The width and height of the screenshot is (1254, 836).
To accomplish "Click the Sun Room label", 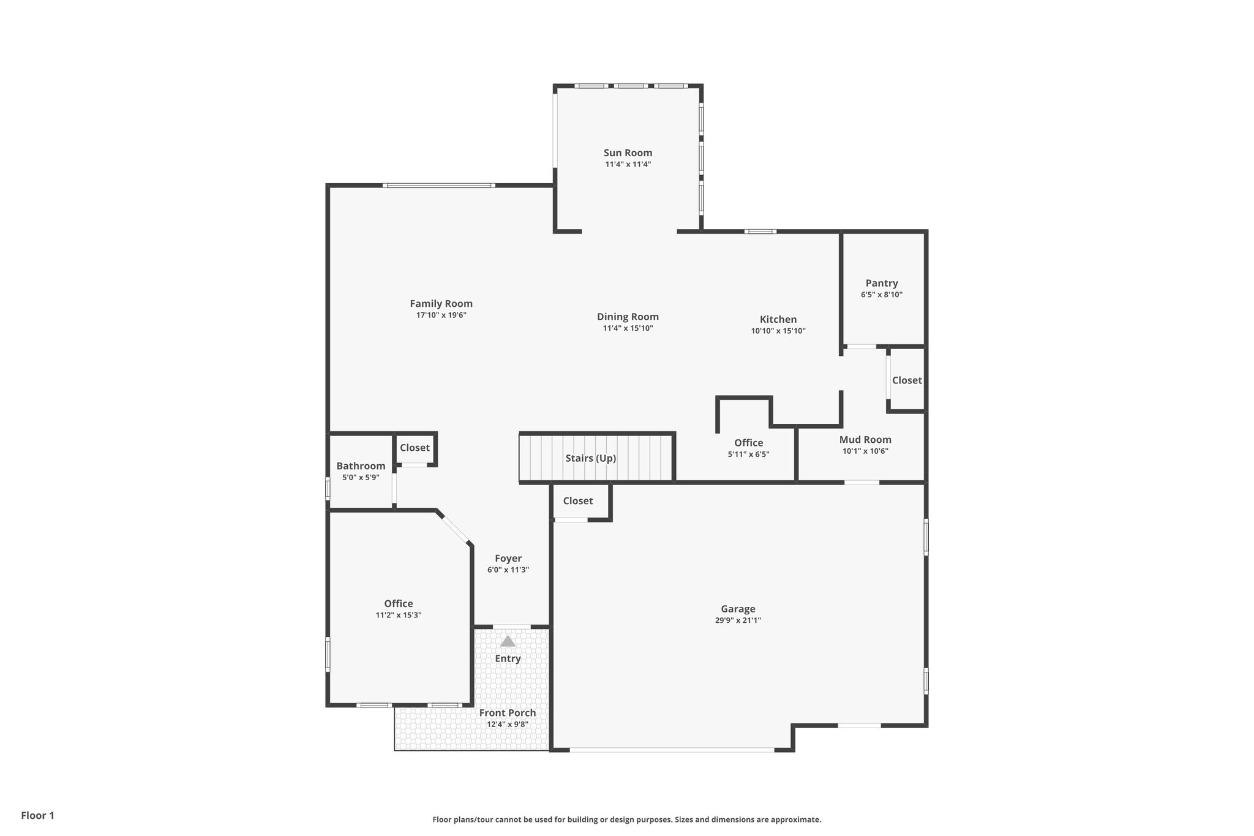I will pos(628,153).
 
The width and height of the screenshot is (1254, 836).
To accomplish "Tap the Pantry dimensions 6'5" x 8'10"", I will pos(881,295).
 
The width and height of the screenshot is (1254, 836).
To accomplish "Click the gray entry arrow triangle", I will pos(508,641).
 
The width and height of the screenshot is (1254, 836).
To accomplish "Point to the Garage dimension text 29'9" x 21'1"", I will pos(737,620).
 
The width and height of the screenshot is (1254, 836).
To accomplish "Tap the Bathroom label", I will pos(361,466).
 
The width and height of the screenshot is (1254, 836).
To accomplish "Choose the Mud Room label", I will pos(865,440).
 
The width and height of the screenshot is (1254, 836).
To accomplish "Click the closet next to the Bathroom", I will pos(415,448).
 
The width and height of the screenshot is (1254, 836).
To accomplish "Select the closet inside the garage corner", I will pos(578,501).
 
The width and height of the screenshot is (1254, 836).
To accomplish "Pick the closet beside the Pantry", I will pos(906,380).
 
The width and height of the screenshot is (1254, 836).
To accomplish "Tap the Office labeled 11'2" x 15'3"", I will pos(398,609).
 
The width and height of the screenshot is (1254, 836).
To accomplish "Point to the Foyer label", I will pos(508,559).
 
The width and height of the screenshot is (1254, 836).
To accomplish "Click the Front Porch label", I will pos(507,713).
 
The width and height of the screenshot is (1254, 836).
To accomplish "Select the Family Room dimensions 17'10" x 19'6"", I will pos(441,315).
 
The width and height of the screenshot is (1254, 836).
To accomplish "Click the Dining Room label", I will pos(628,317).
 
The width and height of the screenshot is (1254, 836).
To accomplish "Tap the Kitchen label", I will pos(778,320).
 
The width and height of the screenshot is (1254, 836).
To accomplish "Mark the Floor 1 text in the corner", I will pos(38,816).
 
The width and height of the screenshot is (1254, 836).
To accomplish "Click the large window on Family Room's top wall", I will pos(439,186).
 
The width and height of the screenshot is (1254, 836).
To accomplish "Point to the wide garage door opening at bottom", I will pos(672,750).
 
